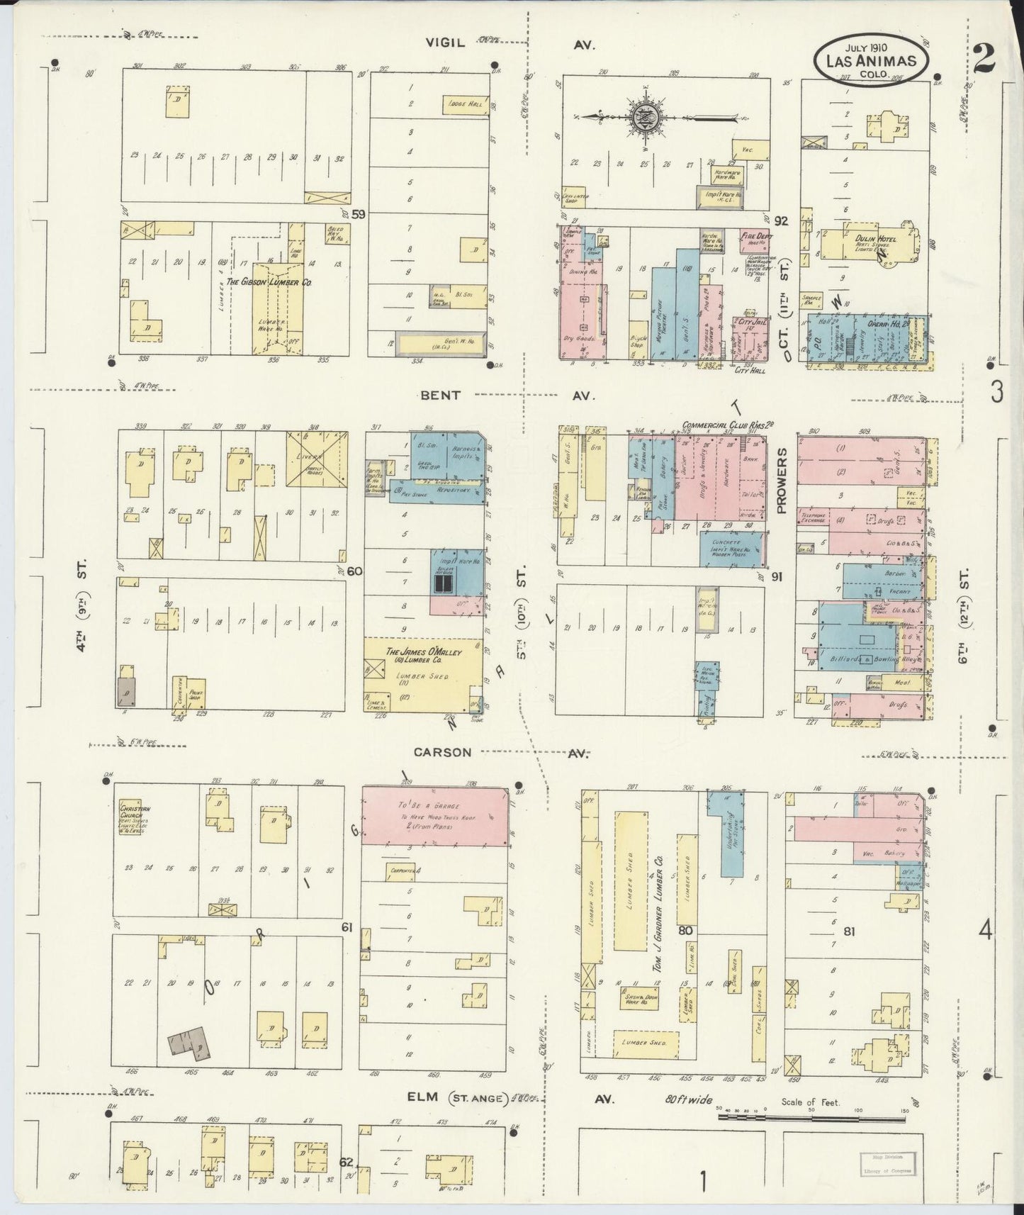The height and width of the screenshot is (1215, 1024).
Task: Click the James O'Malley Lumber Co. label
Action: point(423,657)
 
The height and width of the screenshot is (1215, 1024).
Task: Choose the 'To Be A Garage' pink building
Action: point(435,815)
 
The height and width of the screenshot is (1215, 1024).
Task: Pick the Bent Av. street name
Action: point(441,395)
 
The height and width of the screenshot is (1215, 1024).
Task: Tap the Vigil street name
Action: point(445,43)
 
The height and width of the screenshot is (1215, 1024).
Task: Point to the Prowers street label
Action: point(782,480)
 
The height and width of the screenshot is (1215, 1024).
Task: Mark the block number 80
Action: point(685,931)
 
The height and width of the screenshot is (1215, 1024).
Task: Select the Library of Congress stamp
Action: point(887,1164)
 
